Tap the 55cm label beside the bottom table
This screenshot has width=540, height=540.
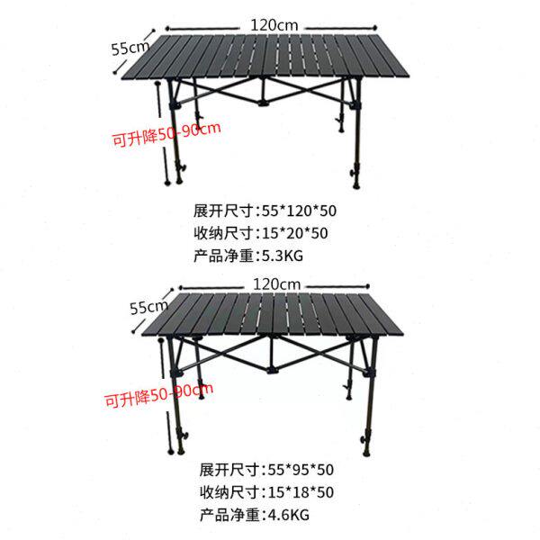tap(149, 306)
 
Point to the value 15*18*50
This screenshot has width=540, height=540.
tap(298, 492)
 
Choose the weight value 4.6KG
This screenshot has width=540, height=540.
tap(285, 515)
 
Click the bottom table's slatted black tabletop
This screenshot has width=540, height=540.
tap(270, 320)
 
